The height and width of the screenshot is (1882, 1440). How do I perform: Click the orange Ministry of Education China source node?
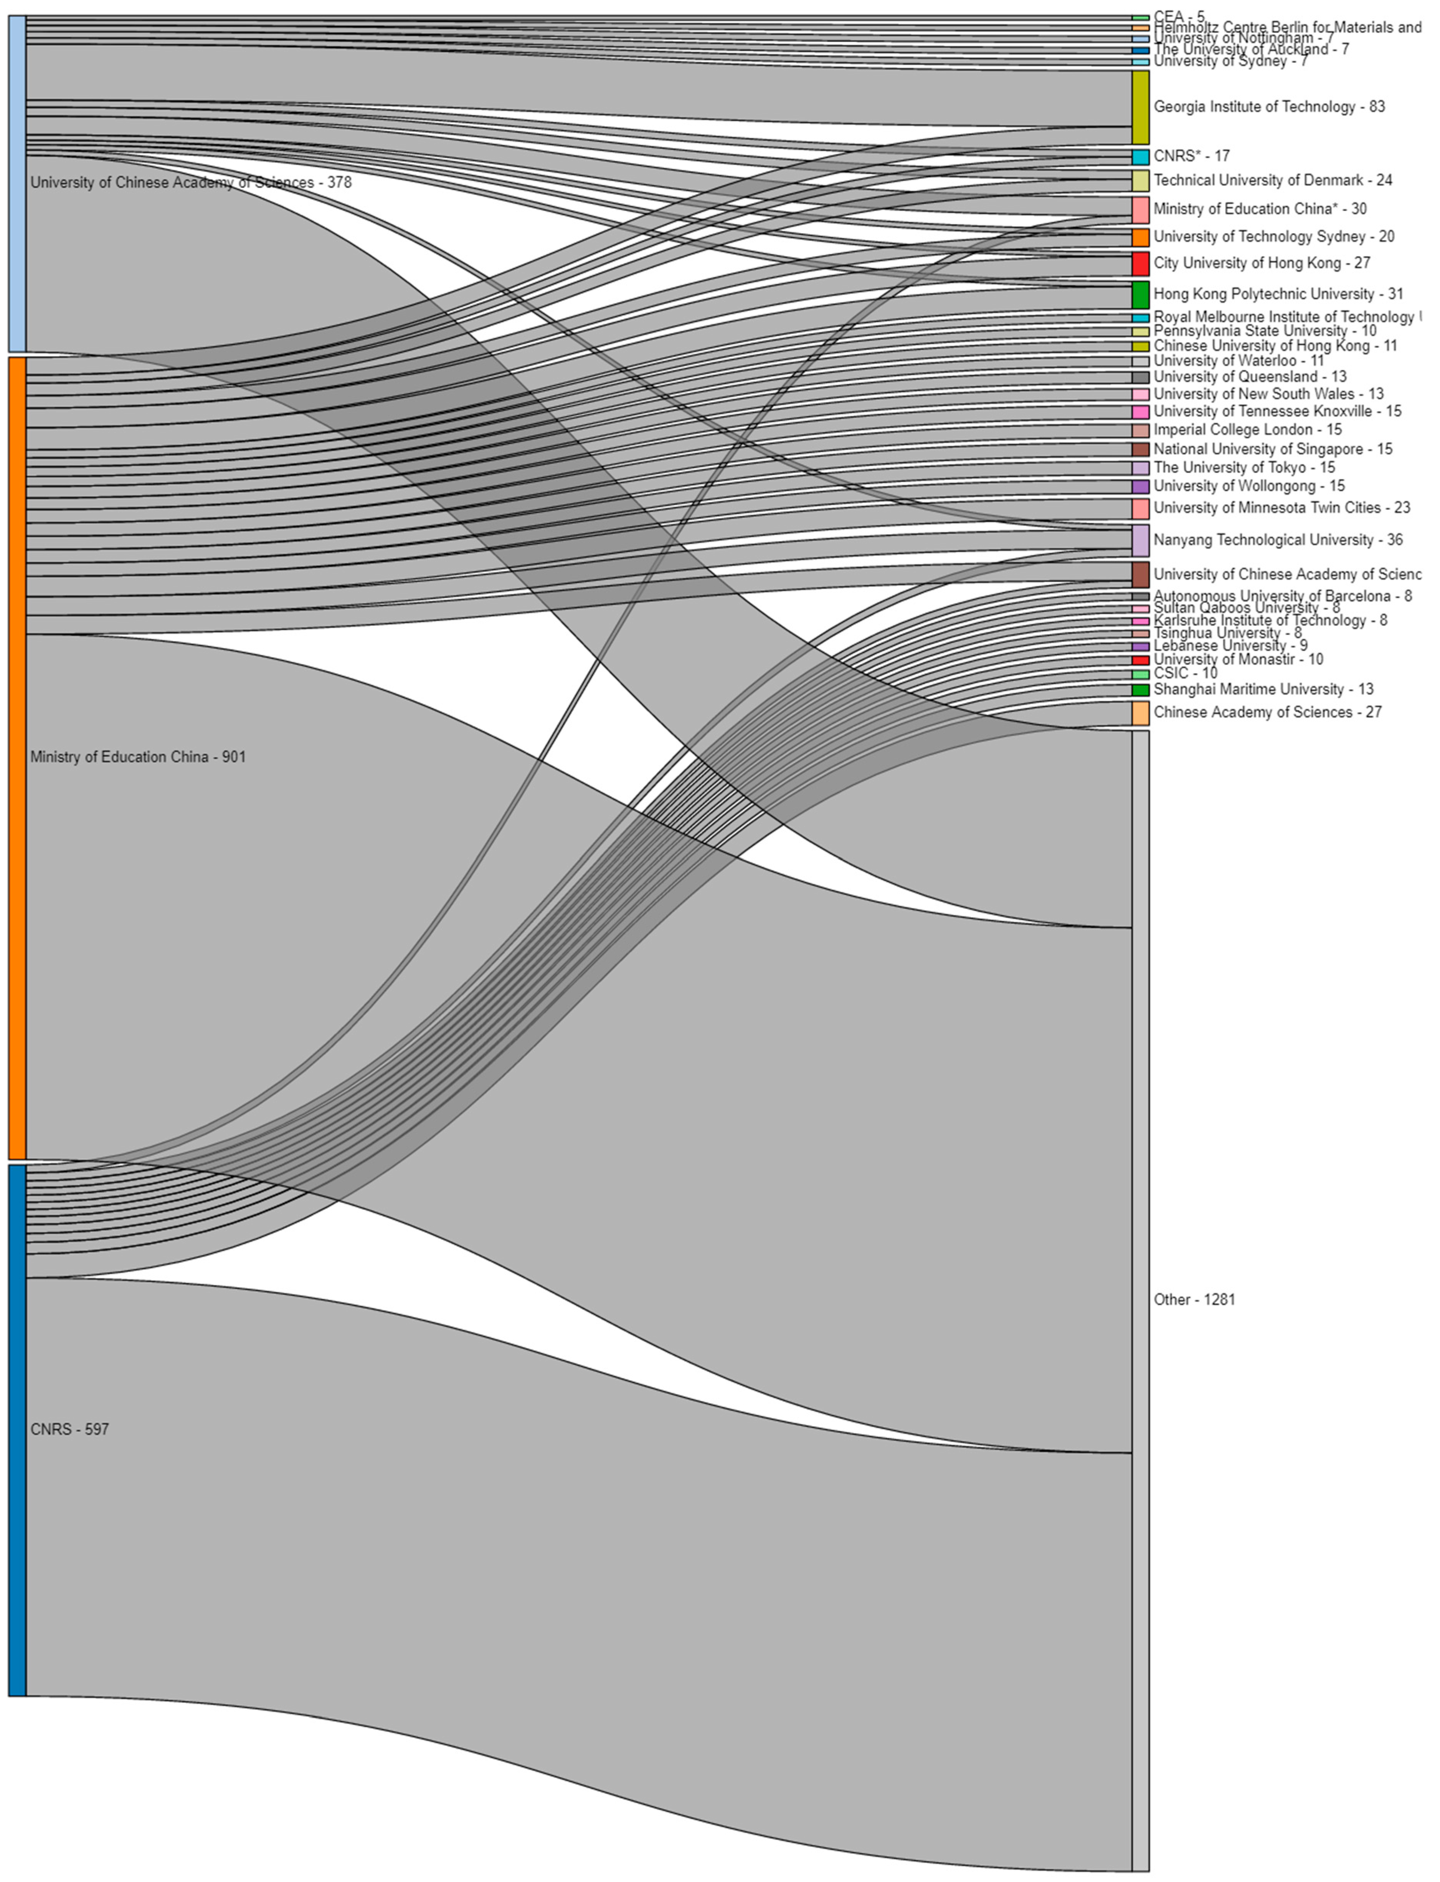tap(17, 757)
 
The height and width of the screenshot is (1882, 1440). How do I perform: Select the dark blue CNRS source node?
tap(17, 1429)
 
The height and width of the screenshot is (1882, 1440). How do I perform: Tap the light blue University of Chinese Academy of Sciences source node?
tap(17, 183)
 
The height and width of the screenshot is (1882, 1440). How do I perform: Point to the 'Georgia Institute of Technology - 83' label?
tap(1268, 107)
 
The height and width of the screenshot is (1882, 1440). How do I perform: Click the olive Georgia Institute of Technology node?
tap(1140, 107)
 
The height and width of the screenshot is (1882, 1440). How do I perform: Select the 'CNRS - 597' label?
tap(69, 1429)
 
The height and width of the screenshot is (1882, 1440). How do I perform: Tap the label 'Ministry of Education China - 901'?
tap(138, 757)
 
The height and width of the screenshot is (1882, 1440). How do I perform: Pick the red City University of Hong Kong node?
tap(1140, 263)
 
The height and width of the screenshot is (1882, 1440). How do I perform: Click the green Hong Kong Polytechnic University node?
tap(1140, 294)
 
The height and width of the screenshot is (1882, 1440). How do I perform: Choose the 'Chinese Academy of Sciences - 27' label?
tap(1267, 712)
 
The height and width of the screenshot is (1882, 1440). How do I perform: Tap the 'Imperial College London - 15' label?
tap(1247, 430)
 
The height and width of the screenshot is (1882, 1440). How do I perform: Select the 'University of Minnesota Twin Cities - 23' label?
tap(1281, 508)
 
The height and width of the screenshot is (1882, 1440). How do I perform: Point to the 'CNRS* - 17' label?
tap(1191, 156)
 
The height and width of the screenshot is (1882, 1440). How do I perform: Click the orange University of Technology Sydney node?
tap(1140, 237)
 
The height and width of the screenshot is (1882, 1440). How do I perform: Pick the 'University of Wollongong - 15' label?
tap(1249, 486)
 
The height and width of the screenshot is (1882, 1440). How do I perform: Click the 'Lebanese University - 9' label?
tap(1230, 646)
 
